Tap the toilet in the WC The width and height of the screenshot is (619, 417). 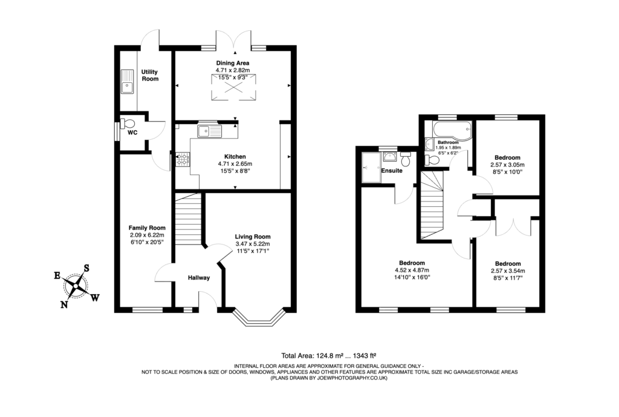[128, 124]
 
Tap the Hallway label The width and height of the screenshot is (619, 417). [198, 278]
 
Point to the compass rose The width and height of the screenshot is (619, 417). [77, 286]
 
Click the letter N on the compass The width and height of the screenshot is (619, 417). [64, 304]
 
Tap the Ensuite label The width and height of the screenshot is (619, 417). [392, 171]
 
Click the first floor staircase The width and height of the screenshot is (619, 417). [432, 206]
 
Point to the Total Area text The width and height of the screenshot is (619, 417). [329, 356]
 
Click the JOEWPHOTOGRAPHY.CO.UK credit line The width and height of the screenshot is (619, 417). [329, 378]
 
